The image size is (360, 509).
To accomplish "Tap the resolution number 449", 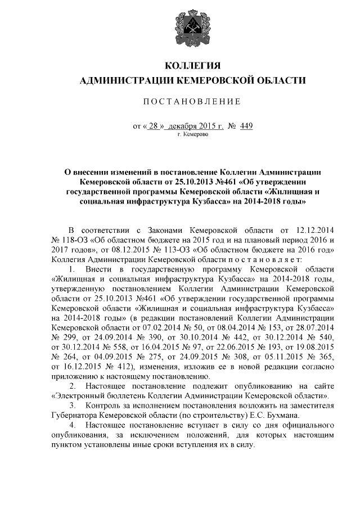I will [x=246, y=126].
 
